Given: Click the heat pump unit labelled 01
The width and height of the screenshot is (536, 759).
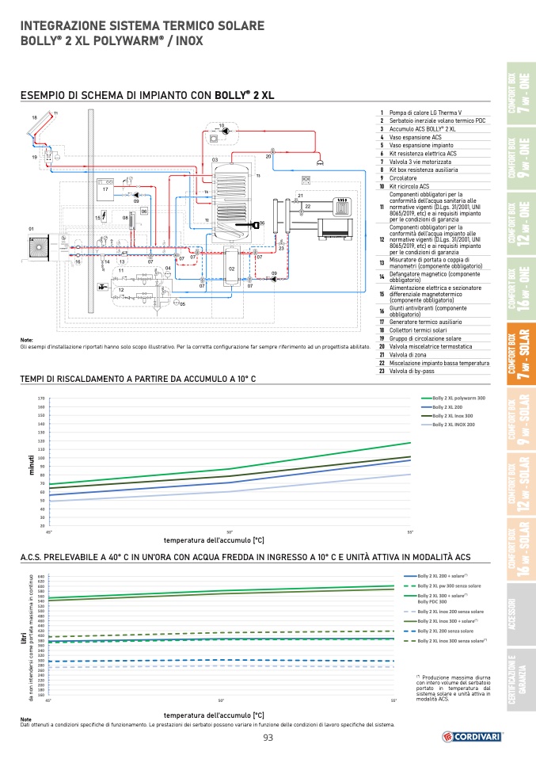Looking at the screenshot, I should coord(36,246).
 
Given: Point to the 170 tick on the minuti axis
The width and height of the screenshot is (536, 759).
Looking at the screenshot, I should coord(40,399).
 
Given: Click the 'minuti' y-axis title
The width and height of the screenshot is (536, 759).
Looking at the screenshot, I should coord(32,460).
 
